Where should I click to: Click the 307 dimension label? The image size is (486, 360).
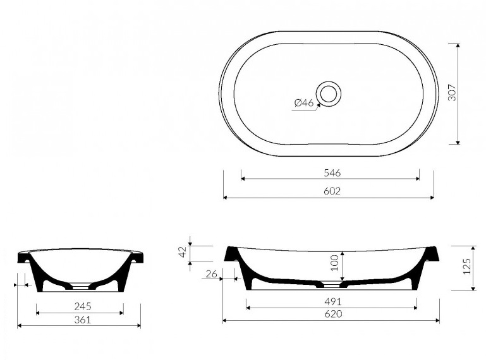click(453, 92)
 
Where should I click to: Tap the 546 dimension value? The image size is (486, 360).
click(332, 172)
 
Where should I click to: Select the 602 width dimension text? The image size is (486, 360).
click(332, 191)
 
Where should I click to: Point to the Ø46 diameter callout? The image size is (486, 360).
click(304, 102)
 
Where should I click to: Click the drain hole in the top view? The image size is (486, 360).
click(329, 93)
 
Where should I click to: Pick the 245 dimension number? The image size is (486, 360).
click(83, 306)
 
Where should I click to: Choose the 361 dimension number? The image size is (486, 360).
click(83, 320)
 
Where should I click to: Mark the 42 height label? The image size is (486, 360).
click(183, 251)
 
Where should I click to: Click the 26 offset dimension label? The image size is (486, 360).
click(211, 274)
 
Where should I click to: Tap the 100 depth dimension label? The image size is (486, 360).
click(334, 263)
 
